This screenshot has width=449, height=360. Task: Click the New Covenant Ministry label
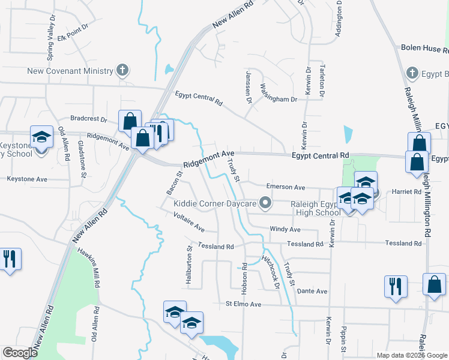pyautogui.click(x=70, y=71)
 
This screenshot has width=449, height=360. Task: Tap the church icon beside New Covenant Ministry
pyautogui.click(x=122, y=71)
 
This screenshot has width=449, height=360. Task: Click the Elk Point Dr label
pyautogui.click(x=74, y=29)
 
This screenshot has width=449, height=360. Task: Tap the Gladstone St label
pyautogui.click(x=82, y=159)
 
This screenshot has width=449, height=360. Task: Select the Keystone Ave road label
pyautogui.click(x=27, y=179)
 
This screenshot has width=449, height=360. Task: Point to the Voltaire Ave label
pyautogui.click(x=189, y=223)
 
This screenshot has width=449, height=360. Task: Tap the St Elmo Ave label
pyautogui.click(x=244, y=304)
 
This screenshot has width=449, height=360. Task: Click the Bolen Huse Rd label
pyautogui.click(x=424, y=47)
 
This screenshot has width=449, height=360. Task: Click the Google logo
pyautogui.click(x=20, y=353)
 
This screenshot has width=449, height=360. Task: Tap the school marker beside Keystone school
pyautogui.click(x=42, y=137)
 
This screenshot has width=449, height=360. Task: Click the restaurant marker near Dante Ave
pyautogui.click(x=396, y=286)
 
